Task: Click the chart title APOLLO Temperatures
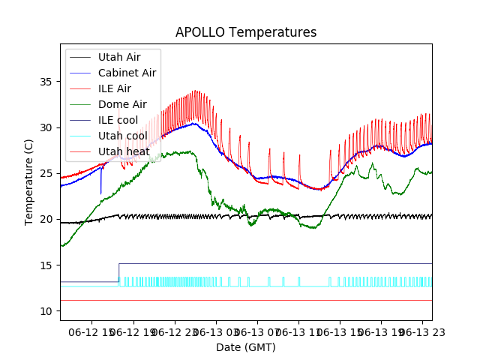(246, 32)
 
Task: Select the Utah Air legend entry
(118, 57)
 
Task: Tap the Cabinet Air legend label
(127, 73)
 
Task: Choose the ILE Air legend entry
(114, 88)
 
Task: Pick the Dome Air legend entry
(121, 104)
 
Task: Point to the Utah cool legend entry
(122, 136)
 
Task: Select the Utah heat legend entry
(124, 151)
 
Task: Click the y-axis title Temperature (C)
(29, 181)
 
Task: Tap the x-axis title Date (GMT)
(246, 347)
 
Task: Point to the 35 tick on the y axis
(47, 81)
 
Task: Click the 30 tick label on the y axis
(47, 127)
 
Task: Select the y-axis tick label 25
(47, 173)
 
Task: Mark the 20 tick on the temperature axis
(47, 219)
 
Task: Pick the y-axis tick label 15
(47, 265)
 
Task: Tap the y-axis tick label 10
(47, 311)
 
